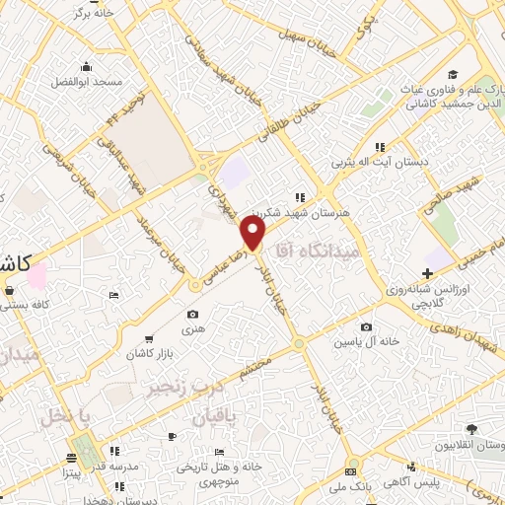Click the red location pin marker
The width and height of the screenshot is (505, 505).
coord(253,234)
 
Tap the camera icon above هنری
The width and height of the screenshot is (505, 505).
coord(192,315)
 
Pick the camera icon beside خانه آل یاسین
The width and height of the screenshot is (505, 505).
coord(367,326)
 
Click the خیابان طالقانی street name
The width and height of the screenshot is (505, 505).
coord(283,127)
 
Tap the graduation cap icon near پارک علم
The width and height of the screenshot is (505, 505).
coord(452,74)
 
